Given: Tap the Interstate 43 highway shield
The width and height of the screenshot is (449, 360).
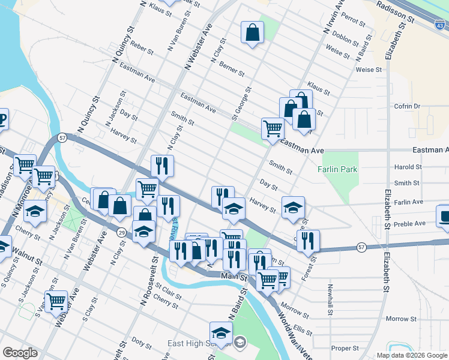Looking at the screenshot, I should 440,25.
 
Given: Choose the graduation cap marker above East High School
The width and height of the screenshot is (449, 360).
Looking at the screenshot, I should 221,333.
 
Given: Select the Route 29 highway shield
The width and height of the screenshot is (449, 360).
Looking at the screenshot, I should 121,232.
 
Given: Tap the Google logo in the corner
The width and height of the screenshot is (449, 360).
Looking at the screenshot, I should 20,353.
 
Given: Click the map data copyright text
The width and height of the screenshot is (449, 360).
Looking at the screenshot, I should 412,355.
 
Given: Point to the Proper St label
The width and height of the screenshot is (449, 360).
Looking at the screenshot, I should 345,348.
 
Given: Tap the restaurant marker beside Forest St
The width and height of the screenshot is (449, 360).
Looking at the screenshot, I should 308,241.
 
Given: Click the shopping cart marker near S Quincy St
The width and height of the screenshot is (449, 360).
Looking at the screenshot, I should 56,301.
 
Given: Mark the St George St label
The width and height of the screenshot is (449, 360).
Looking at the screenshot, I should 241,102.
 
